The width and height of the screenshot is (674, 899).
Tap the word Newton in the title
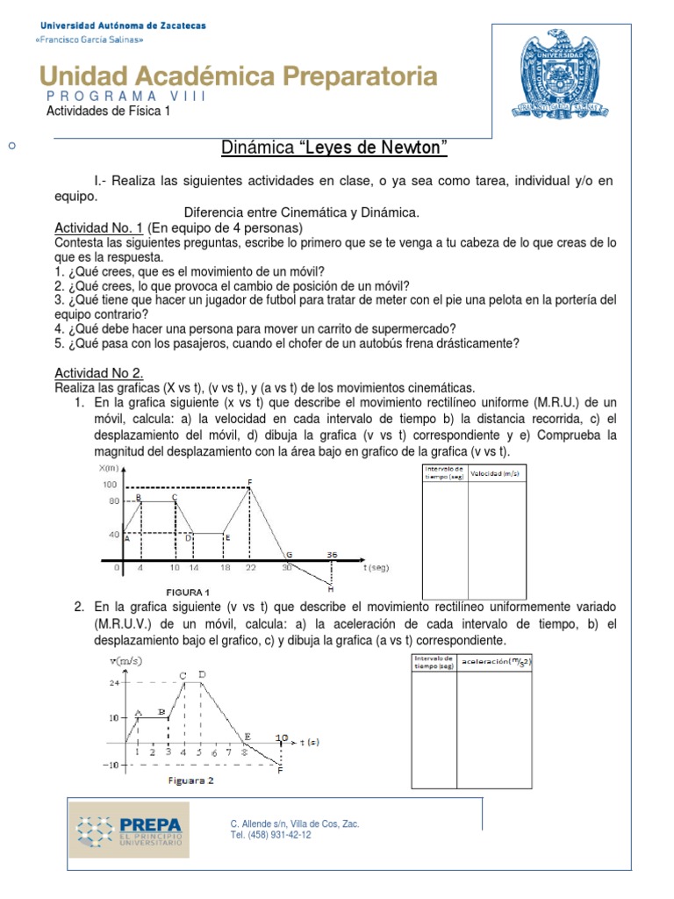click(x=411, y=147)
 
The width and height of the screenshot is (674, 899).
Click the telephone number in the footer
click(x=270, y=835)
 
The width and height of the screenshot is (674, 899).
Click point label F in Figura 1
click(x=250, y=481)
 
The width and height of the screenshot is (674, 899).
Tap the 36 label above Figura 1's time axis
click(x=332, y=555)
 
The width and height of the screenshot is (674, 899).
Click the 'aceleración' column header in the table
click(x=497, y=661)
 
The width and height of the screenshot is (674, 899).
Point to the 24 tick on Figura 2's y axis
click(x=113, y=682)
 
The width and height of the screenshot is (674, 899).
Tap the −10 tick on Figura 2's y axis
click(x=111, y=765)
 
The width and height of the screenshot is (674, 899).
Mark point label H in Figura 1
click(x=330, y=587)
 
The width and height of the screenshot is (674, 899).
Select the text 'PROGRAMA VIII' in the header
click(x=125, y=96)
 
